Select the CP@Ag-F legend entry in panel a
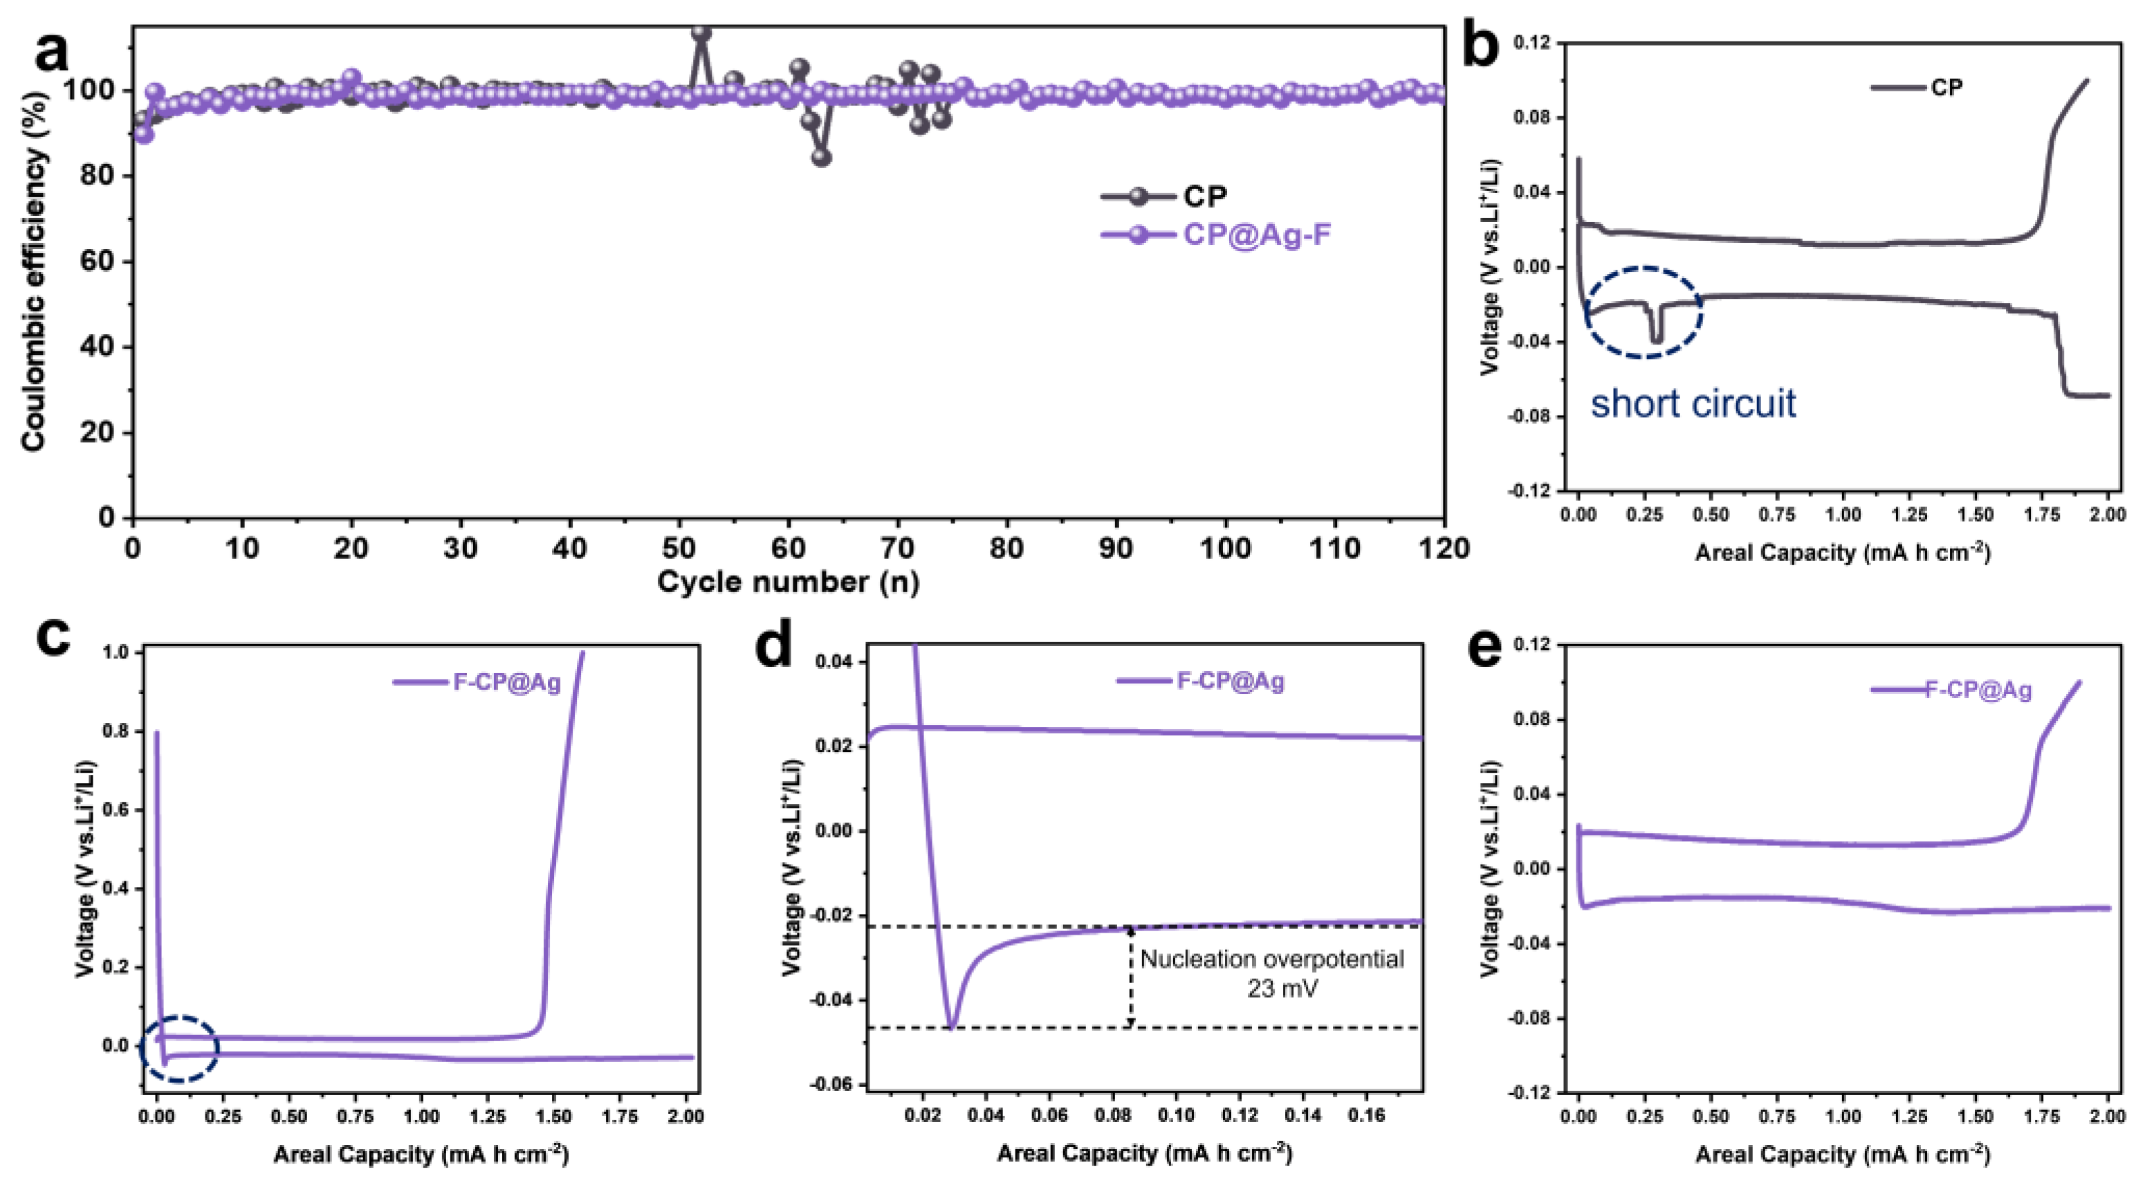(x=1255, y=235)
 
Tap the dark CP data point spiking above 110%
(x=701, y=33)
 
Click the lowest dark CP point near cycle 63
(x=822, y=157)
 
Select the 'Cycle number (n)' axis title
(x=788, y=582)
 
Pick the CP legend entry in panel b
(x=1946, y=87)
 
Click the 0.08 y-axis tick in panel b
(x=1532, y=118)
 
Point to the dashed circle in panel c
(x=180, y=1048)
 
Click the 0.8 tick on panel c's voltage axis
(x=117, y=732)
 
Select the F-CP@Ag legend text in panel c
(x=506, y=683)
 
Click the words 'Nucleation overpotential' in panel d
(x=1272, y=959)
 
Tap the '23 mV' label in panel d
(x=1282, y=988)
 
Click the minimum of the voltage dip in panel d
(x=951, y=1028)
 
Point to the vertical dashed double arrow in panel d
(x=1131, y=976)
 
